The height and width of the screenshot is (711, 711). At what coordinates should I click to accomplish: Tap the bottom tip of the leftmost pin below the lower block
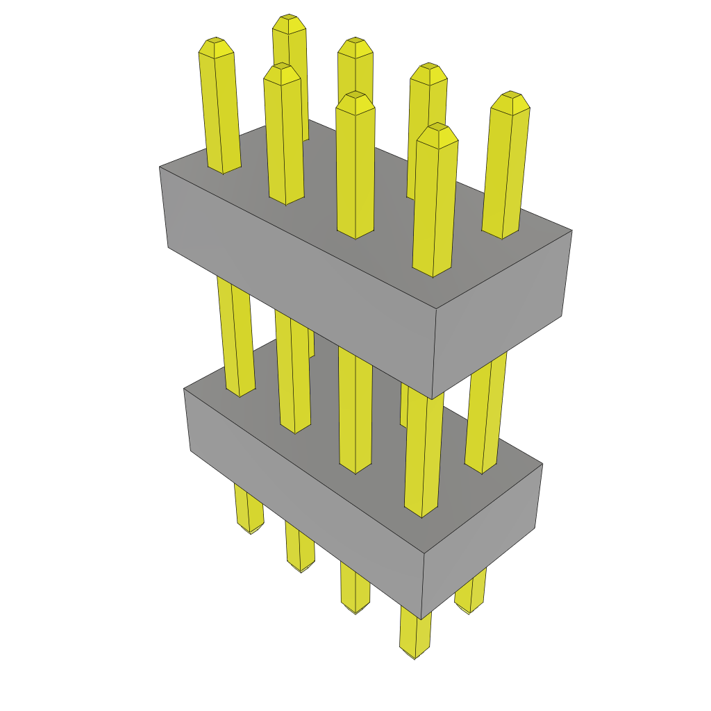click(251, 529)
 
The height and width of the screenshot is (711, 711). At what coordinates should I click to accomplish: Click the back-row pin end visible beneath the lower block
click(469, 609)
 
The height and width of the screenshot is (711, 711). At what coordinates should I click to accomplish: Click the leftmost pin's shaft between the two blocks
click(235, 333)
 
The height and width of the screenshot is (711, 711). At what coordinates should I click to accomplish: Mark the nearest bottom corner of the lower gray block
click(421, 619)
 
